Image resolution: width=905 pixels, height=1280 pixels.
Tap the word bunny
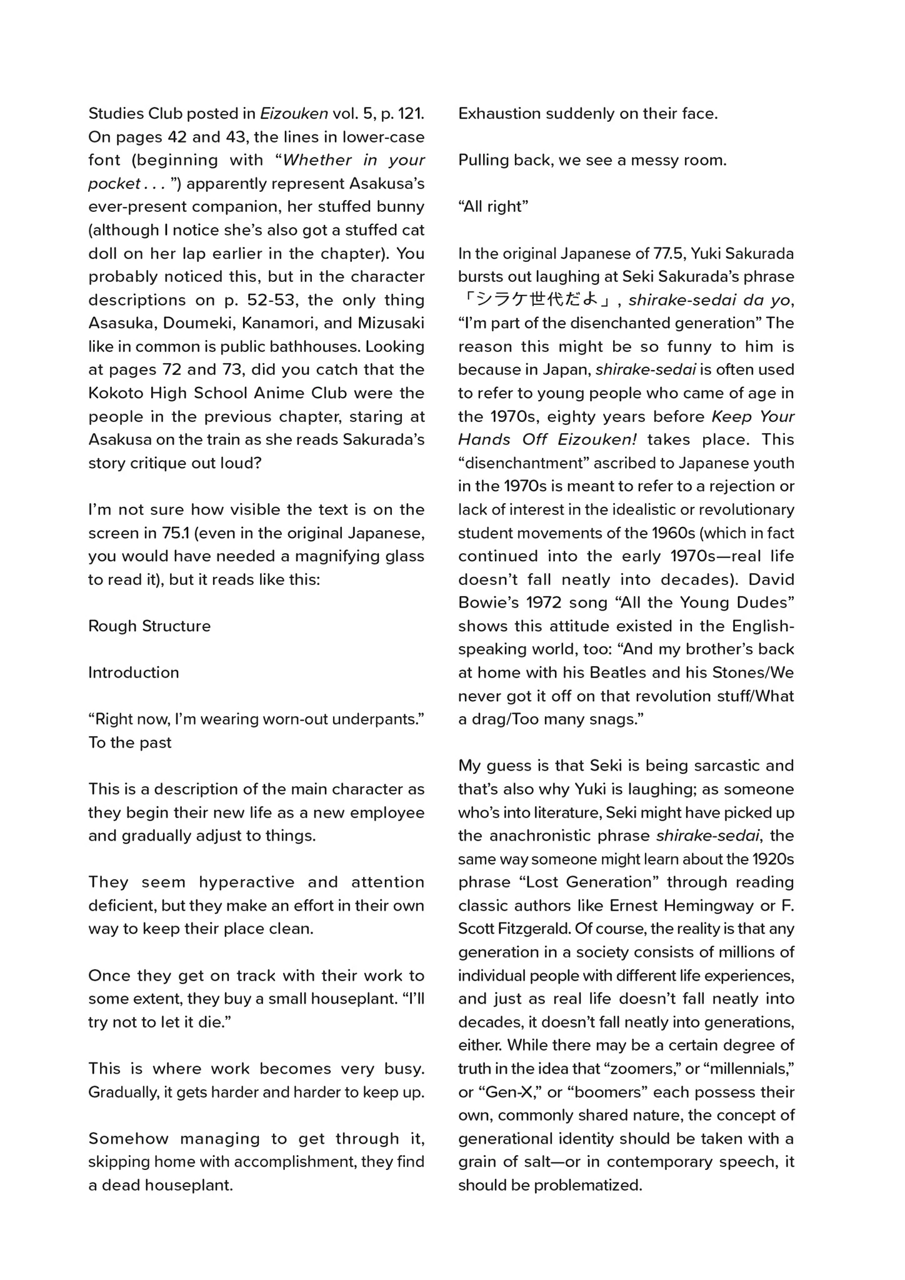(x=401, y=207)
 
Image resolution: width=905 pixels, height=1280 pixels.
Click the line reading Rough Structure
(x=149, y=626)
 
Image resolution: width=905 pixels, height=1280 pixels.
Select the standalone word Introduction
(x=133, y=672)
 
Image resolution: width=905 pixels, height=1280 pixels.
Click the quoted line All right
(x=493, y=207)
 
